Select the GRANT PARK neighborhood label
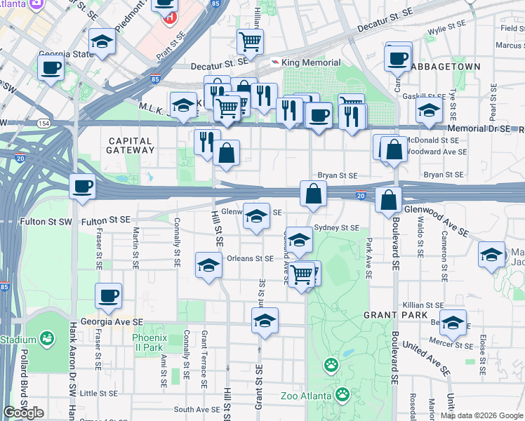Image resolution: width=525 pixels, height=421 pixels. [x=386, y=316]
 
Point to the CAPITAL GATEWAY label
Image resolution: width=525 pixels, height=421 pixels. [x=131, y=145]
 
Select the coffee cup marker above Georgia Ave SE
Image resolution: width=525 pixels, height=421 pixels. [x=108, y=296]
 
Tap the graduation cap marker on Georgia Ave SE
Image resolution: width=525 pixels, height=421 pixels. [x=265, y=321]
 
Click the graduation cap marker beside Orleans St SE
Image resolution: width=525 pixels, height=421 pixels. [x=208, y=265]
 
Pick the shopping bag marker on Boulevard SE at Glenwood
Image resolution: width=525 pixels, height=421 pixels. [x=388, y=200]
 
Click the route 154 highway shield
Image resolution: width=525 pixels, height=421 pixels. [x=44, y=123]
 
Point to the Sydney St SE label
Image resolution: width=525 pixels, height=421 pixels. [x=337, y=228]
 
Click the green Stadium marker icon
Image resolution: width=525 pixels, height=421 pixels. [x=47, y=340]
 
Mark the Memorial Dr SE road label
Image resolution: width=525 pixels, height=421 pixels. [x=481, y=129]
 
